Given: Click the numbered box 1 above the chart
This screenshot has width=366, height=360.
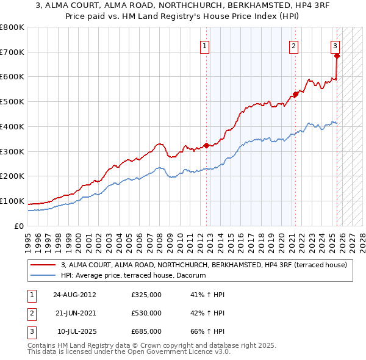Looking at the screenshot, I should coord(205,45).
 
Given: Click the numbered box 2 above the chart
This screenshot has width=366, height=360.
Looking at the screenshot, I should coord(293,45).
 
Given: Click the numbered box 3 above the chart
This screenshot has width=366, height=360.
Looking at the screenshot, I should coord(335,45).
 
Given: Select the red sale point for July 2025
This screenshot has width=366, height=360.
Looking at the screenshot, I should coord(337,56).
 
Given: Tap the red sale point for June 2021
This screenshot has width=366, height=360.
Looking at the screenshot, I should coord(295,94).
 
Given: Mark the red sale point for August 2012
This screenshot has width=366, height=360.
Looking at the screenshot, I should coord(206,145).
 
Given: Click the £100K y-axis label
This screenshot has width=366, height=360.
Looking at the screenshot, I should coord(12,201).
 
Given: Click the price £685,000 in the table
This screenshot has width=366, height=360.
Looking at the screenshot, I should coord(146,331).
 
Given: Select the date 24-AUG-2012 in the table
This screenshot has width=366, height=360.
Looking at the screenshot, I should coord(74,295).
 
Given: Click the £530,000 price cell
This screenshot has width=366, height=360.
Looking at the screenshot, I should coord(146,313).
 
